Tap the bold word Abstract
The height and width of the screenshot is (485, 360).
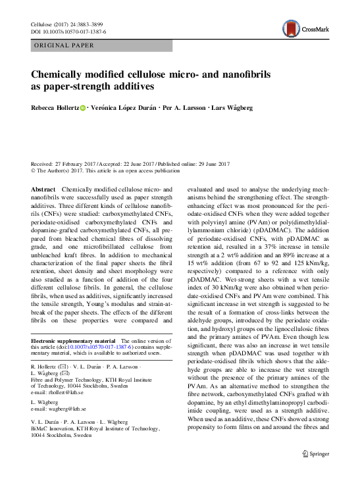(43, 189)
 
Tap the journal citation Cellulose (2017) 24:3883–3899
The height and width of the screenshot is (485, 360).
(68, 24)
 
